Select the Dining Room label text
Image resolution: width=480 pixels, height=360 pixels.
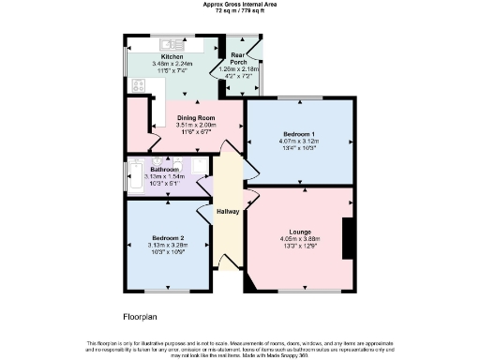(197, 117)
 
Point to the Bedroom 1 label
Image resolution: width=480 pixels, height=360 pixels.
(299, 134)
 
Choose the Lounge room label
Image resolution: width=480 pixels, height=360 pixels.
(300, 231)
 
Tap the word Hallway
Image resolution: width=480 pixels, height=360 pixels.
(228, 211)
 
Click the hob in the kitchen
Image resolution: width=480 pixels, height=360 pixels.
(138, 85)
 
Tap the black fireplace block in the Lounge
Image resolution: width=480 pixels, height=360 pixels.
(348, 237)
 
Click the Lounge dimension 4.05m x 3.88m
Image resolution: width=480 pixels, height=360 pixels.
(300, 238)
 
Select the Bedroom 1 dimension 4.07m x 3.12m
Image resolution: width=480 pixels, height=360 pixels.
(299, 142)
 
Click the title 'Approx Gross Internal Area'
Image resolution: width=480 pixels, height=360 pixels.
(239, 4)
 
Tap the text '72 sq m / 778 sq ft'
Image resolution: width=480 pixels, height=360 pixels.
(239, 10)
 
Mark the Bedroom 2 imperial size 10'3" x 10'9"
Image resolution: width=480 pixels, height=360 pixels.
(170, 251)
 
